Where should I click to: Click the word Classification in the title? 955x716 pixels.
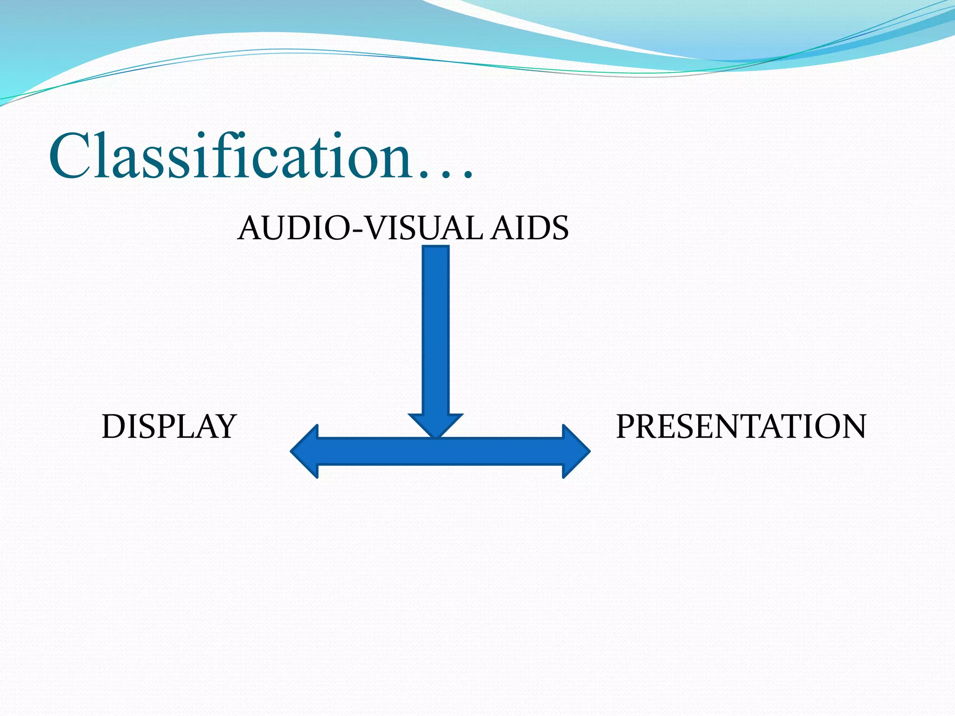pos(231,156)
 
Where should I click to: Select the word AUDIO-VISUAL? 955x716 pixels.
pos(360,228)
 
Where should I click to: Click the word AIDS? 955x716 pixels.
pos(529,228)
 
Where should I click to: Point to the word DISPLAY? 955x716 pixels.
pos(169,427)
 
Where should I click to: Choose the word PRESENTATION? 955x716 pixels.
pos(741,427)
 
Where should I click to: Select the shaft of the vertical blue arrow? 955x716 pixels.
pos(436,326)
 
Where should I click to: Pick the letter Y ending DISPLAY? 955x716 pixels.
pos(225,427)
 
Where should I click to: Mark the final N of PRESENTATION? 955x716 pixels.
pos(852,427)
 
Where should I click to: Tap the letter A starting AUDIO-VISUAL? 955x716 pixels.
pos(249,228)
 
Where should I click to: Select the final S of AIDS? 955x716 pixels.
pos(560,228)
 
